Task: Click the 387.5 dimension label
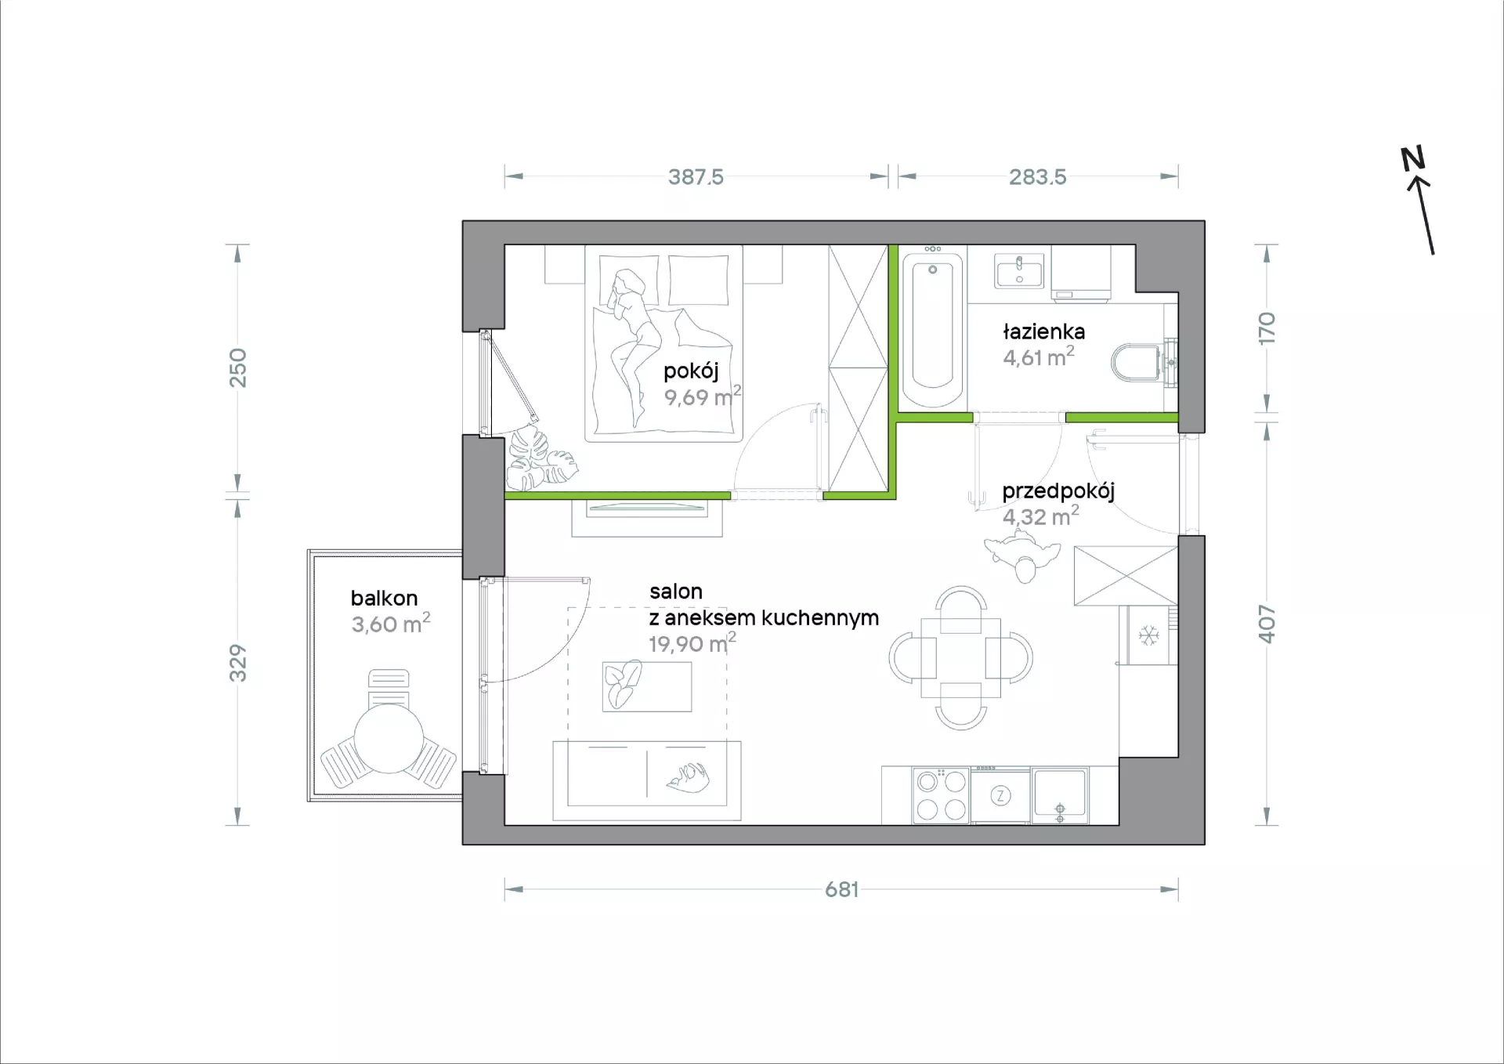click(x=696, y=177)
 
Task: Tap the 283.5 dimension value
click(x=1037, y=177)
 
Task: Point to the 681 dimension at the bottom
click(x=842, y=889)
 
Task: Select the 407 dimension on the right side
click(x=1267, y=624)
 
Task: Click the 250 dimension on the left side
click(x=237, y=367)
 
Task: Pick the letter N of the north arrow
click(x=1412, y=159)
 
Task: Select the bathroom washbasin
click(x=1019, y=271)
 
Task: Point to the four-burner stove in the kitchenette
click(x=941, y=795)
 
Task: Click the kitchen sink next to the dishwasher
click(x=1060, y=795)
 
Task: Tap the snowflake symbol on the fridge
click(x=1148, y=635)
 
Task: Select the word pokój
click(x=691, y=371)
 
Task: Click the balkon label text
click(x=384, y=598)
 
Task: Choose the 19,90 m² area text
click(x=692, y=642)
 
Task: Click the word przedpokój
click(x=1058, y=492)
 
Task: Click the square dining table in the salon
click(x=961, y=657)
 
